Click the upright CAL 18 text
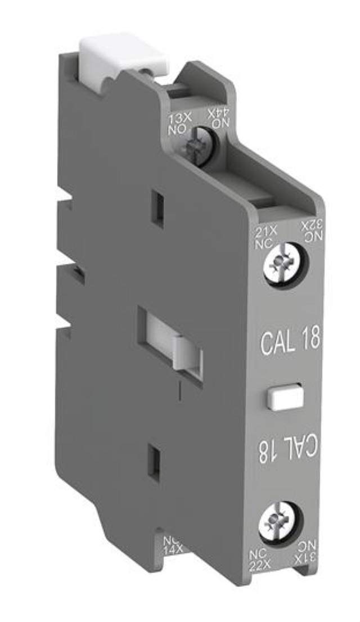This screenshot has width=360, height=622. tap(291, 341)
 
